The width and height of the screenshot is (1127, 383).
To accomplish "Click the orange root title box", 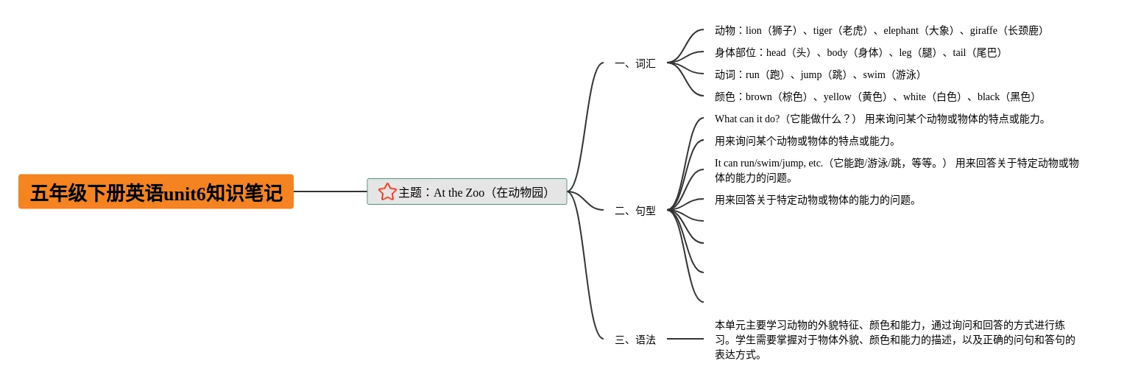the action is [x=155, y=191].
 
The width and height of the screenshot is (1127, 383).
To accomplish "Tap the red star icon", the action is [x=387, y=191].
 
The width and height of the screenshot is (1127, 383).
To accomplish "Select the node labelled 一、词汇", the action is [x=635, y=63].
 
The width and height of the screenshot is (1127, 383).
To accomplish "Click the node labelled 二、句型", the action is [x=635, y=211].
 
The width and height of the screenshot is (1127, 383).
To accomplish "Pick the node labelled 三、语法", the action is [x=635, y=340].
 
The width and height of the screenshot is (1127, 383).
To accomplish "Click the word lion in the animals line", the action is [x=753, y=31].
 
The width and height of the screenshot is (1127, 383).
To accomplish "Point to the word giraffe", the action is [x=983, y=31].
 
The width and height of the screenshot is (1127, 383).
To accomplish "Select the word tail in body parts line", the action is [x=959, y=53].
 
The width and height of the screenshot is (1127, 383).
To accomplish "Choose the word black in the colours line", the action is [x=989, y=97].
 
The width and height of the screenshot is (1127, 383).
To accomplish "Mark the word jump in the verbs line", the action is [x=811, y=75].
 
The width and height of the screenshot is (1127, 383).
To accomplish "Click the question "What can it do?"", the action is [x=746, y=119].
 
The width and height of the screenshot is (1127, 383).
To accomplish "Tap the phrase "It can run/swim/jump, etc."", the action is [x=769, y=164].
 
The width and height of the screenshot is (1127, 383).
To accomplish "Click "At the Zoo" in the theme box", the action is [x=459, y=193].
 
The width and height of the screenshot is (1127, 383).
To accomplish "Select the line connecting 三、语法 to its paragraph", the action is [x=685, y=339].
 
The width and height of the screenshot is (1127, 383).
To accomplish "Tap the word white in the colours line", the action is [x=914, y=97].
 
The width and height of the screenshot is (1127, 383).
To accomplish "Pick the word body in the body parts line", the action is [x=837, y=53].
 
